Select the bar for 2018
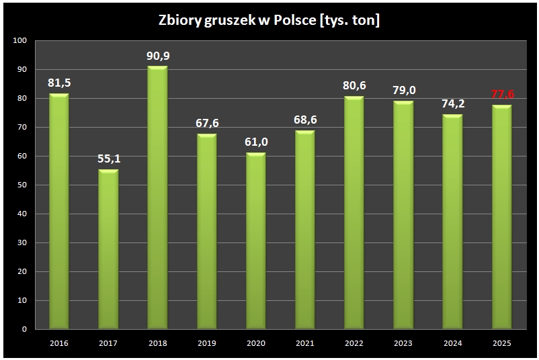(157, 198)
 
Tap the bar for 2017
(108, 250)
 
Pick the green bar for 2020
(255, 241)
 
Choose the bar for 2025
(501, 218)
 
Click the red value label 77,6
(501, 95)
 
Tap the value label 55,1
(108, 160)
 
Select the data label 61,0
(255, 143)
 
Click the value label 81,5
(59, 84)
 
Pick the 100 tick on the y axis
(20, 41)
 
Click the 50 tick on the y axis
(22, 185)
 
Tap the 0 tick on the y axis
(24, 330)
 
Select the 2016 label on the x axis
(59, 343)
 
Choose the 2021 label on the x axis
(304, 343)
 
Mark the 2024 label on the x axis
(452, 343)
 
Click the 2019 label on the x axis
(206, 343)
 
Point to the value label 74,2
(452, 105)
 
